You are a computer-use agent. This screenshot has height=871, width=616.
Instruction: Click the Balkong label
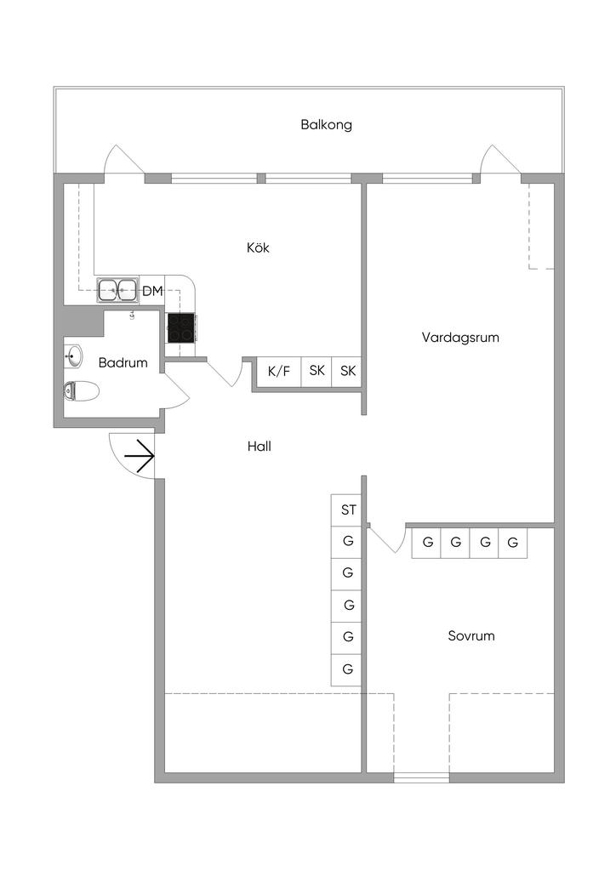326,125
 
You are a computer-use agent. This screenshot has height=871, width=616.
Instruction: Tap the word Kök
258,248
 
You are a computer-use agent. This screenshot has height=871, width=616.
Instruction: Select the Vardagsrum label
460,338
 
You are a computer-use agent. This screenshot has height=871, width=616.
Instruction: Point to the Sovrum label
471,636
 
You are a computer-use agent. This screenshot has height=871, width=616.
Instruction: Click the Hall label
260,446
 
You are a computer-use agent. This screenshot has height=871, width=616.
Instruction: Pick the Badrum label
123,363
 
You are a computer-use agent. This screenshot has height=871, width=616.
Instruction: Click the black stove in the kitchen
180,328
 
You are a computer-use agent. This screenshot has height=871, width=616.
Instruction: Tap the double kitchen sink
117,291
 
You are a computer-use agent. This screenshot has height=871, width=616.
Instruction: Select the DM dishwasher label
152,292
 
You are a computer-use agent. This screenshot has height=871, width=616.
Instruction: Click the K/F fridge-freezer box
279,371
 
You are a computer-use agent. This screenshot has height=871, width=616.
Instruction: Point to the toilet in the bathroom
82,390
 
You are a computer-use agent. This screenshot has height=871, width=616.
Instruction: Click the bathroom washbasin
74,356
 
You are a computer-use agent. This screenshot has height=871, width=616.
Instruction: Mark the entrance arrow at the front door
139,459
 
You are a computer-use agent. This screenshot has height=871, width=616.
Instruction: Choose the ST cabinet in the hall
347,510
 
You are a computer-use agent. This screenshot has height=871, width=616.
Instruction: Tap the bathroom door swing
176,390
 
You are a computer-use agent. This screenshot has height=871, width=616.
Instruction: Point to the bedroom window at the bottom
421,777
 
